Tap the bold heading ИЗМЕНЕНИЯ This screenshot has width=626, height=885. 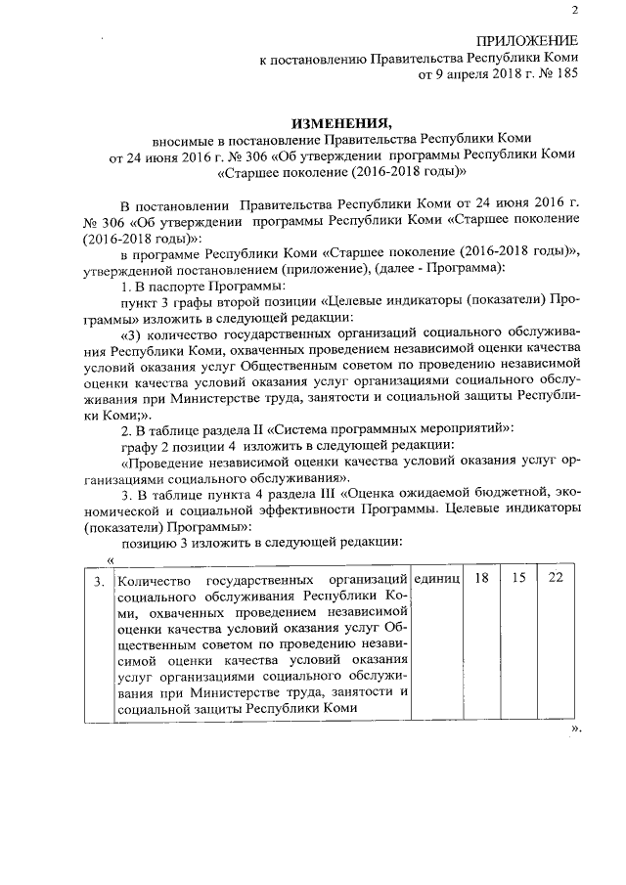pos(341,122)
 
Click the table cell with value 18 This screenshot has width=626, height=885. pos(481,578)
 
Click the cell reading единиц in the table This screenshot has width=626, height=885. pos(437,579)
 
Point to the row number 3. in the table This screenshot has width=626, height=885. pos(99,584)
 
